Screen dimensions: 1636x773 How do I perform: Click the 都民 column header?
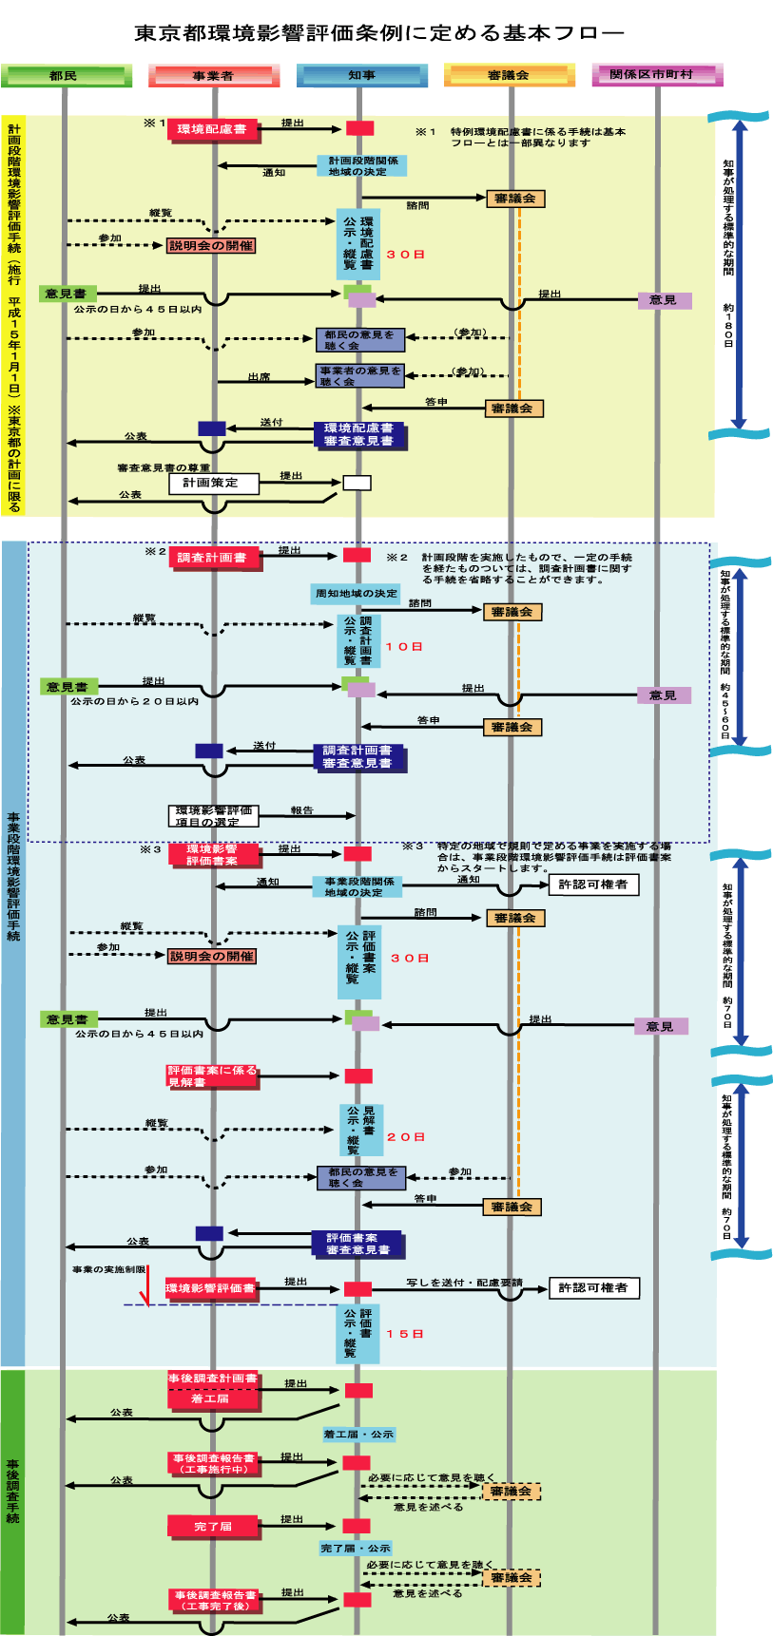pos(66,75)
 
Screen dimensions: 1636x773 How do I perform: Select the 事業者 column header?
pos(213,75)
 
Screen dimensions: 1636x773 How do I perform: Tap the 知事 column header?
pos(361,75)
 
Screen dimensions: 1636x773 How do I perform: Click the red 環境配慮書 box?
pos(213,129)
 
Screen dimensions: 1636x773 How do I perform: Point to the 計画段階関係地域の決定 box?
pos(361,166)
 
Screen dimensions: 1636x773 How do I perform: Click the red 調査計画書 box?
pos(213,558)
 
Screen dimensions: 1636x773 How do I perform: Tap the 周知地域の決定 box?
pos(357,594)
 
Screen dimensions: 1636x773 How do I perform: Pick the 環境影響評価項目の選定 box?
pos(214,816)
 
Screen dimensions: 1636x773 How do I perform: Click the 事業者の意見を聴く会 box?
pos(360,376)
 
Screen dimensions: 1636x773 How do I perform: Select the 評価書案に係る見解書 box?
pos(212,1075)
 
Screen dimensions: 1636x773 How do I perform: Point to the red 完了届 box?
pos(213,1526)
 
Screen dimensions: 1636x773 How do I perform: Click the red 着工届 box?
pos(211,1398)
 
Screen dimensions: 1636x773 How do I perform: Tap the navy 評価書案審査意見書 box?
pos(358,1244)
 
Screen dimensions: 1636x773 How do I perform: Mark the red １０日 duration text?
pos(403,647)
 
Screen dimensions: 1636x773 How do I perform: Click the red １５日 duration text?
pos(405,1334)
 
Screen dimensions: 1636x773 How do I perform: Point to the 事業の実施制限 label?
pos(108,1269)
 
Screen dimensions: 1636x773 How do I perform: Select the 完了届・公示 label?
pos(356,1548)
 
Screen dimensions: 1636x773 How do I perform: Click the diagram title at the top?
pos(378,33)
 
